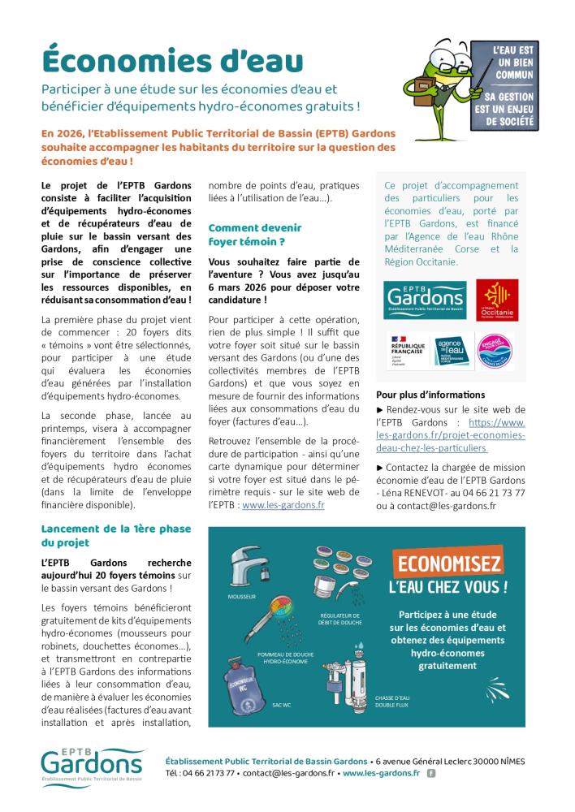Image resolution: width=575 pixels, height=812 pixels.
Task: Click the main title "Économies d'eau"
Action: click(x=172, y=62)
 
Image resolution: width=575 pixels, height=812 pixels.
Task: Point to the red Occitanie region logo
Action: click(x=497, y=300)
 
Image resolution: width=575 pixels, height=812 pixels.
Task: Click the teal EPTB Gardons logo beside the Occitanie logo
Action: click(x=426, y=300)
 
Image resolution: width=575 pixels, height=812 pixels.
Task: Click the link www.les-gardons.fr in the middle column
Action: click(x=283, y=504)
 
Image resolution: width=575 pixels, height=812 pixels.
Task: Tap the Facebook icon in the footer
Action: click(x=430, y=773)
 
